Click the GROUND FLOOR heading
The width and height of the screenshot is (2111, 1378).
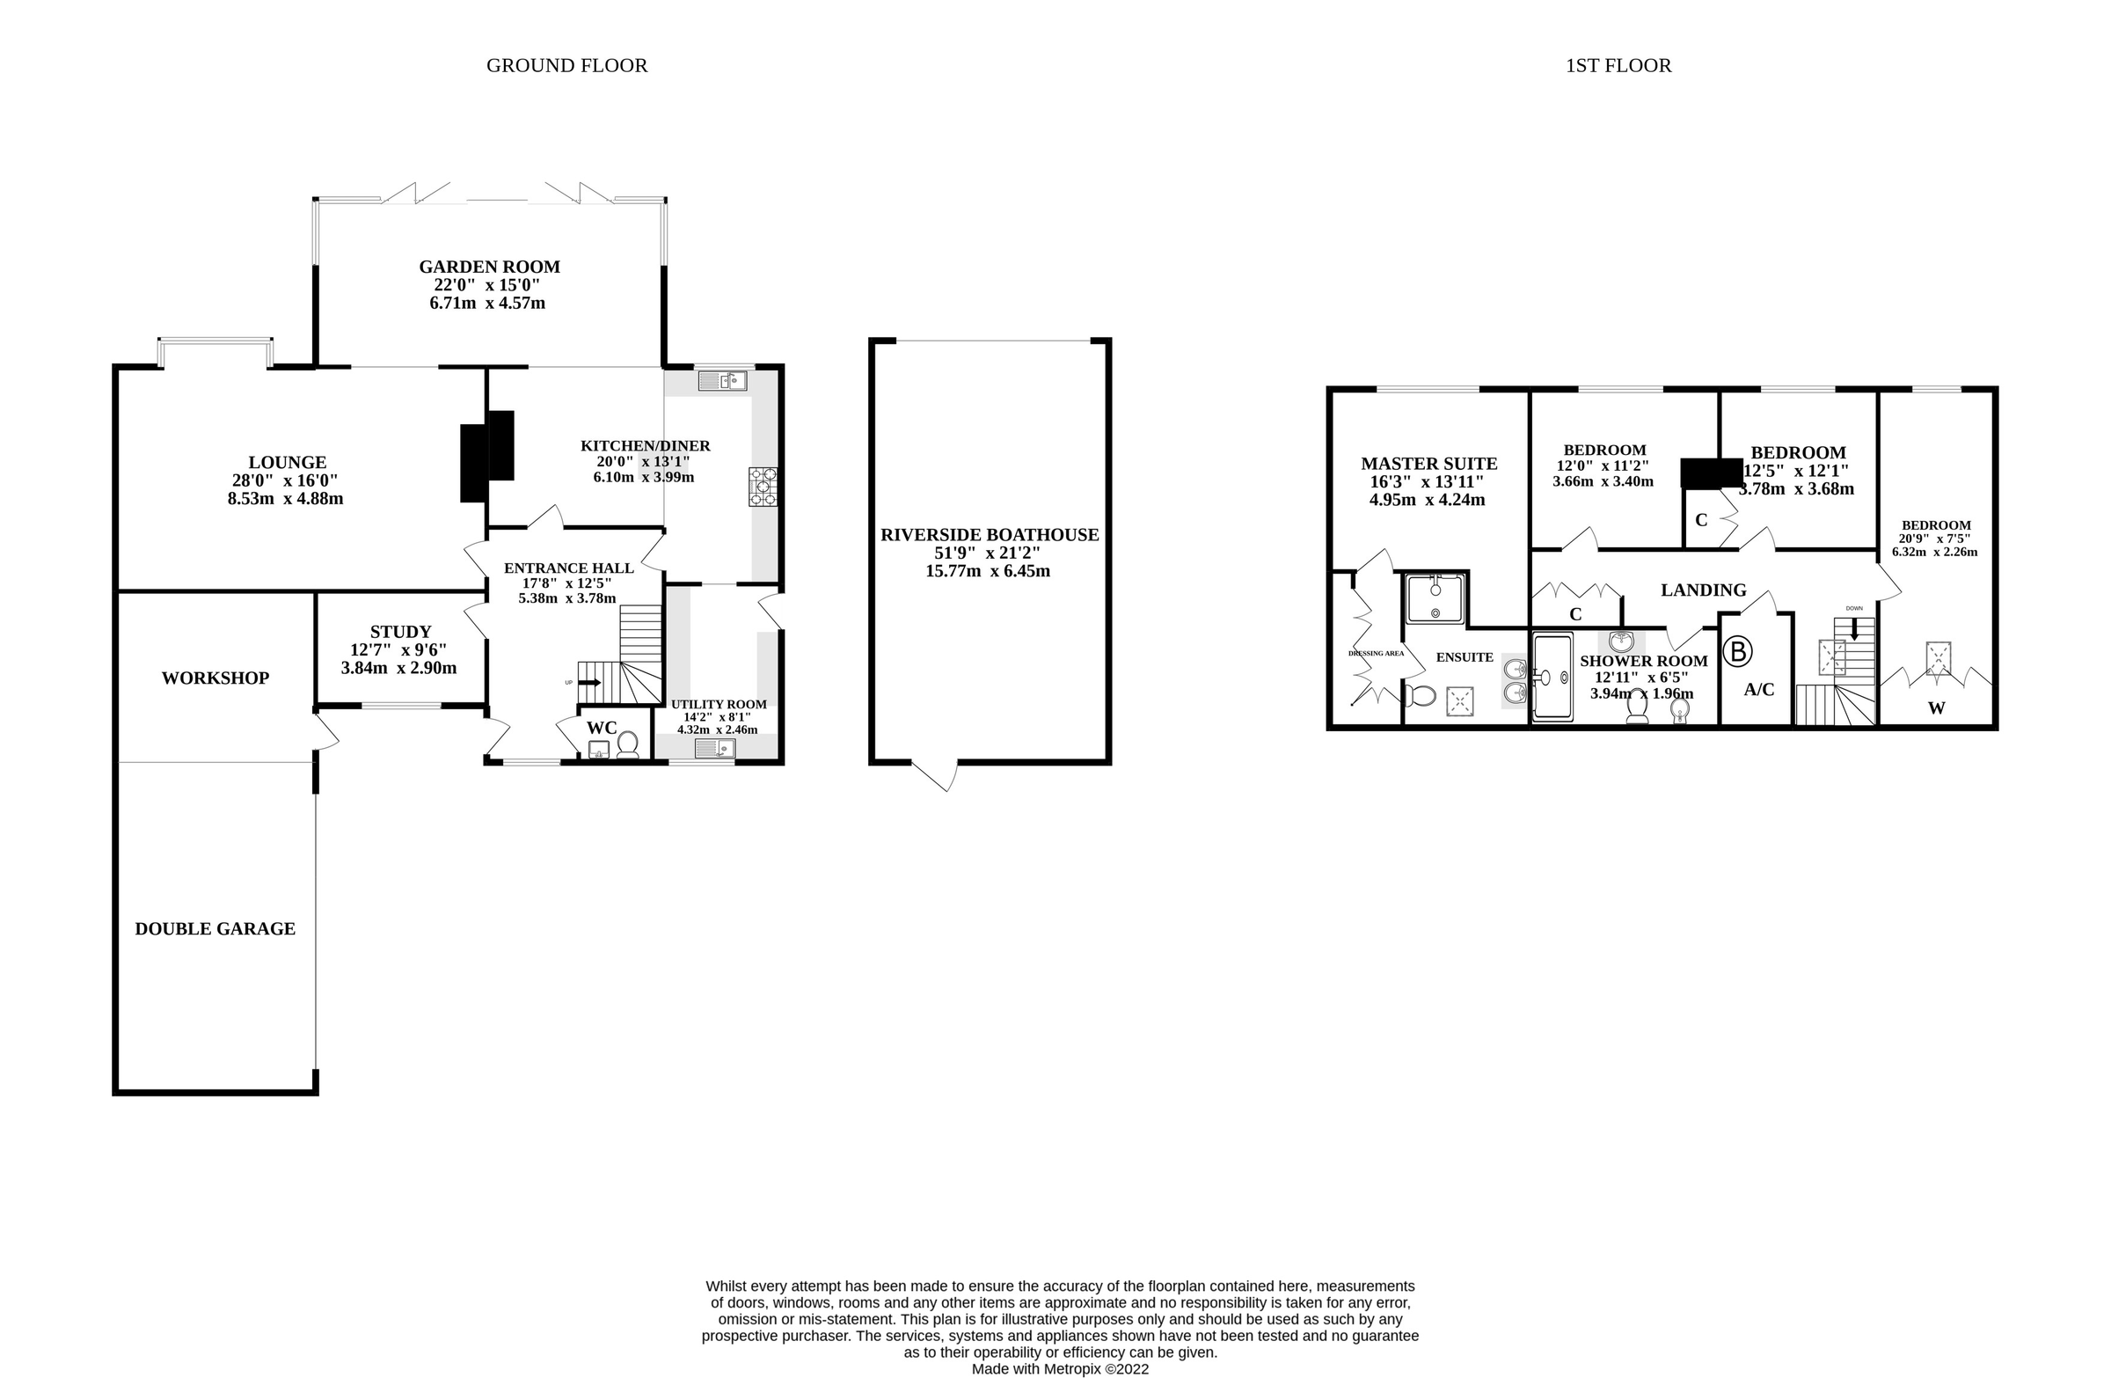(x=566, y=66)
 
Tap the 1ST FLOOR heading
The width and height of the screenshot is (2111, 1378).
(x=1618, y=66)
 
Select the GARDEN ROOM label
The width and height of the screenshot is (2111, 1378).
(x=490, y=267)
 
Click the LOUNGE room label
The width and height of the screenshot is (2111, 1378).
(x=288, y=462)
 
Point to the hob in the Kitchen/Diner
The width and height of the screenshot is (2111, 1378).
(x=763, y=487)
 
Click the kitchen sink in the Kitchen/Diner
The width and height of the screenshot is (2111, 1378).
(x=722, y=382)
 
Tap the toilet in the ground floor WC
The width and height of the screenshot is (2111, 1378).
(x=627, y=744)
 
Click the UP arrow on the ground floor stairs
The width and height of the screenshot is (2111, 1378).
(x=590, y=682)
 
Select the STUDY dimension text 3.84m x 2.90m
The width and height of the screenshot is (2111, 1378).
(x=399, y=668)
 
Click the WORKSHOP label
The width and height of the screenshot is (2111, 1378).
(x=215, y=678)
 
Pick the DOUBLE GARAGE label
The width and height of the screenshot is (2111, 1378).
(x=215, y=928)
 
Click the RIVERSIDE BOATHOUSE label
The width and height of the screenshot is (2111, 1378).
(x=989, y=535)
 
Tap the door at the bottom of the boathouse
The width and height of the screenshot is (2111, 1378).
(x=936, y=775)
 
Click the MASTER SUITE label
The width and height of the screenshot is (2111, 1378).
(x=1429, y=463)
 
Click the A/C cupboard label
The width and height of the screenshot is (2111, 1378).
(x=1759, y=690)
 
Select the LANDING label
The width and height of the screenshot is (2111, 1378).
(x=1703, y=590)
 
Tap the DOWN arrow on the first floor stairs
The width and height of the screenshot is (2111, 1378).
(x=1854, y=632)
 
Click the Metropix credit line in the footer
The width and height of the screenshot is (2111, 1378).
(x=1060, y=1369)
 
